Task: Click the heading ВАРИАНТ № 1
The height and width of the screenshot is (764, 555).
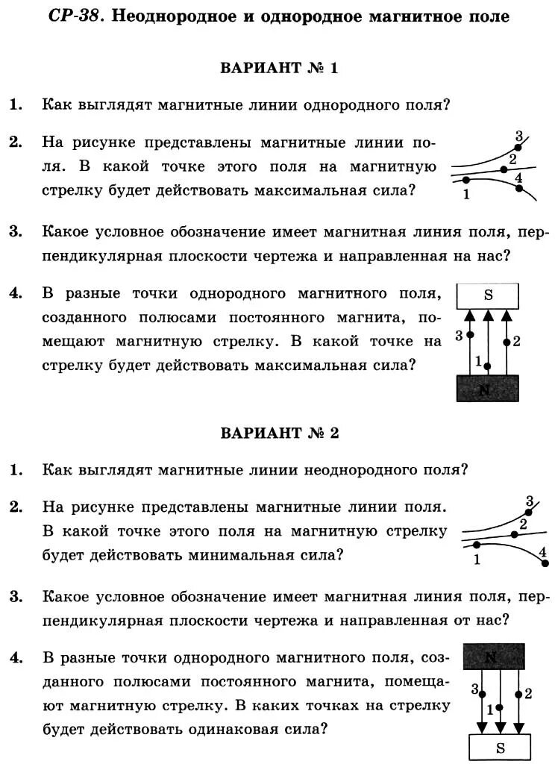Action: click(279, 68)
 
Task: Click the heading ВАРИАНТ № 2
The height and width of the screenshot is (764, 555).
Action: click(279, 433)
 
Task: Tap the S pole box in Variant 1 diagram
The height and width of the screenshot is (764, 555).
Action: click(488, 295)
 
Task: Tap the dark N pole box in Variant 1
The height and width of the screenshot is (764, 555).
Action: click(488, 389)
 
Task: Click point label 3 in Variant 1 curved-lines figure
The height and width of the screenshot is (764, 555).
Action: click(519, 137)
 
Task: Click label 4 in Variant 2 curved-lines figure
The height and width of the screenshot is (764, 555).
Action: click(542, 552)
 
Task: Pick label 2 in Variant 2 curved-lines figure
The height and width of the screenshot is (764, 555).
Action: click(523, 524)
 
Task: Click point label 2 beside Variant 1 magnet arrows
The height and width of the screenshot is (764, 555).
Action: click(516, 342)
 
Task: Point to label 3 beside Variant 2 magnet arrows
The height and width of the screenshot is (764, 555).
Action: click(474, 689)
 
